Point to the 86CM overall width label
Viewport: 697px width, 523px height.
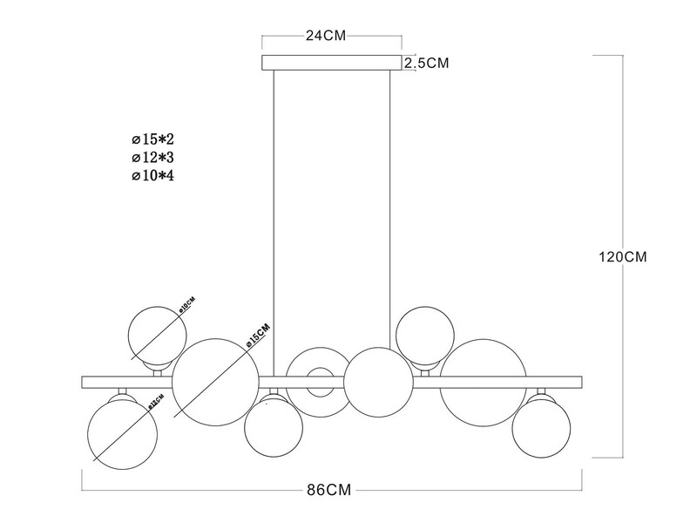333,490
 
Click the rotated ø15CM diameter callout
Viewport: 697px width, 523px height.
260,336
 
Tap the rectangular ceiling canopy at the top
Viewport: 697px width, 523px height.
332,63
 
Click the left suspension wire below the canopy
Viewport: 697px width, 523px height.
274,218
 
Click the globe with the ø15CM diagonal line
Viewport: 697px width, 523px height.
215,382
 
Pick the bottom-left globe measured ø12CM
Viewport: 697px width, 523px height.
122,431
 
